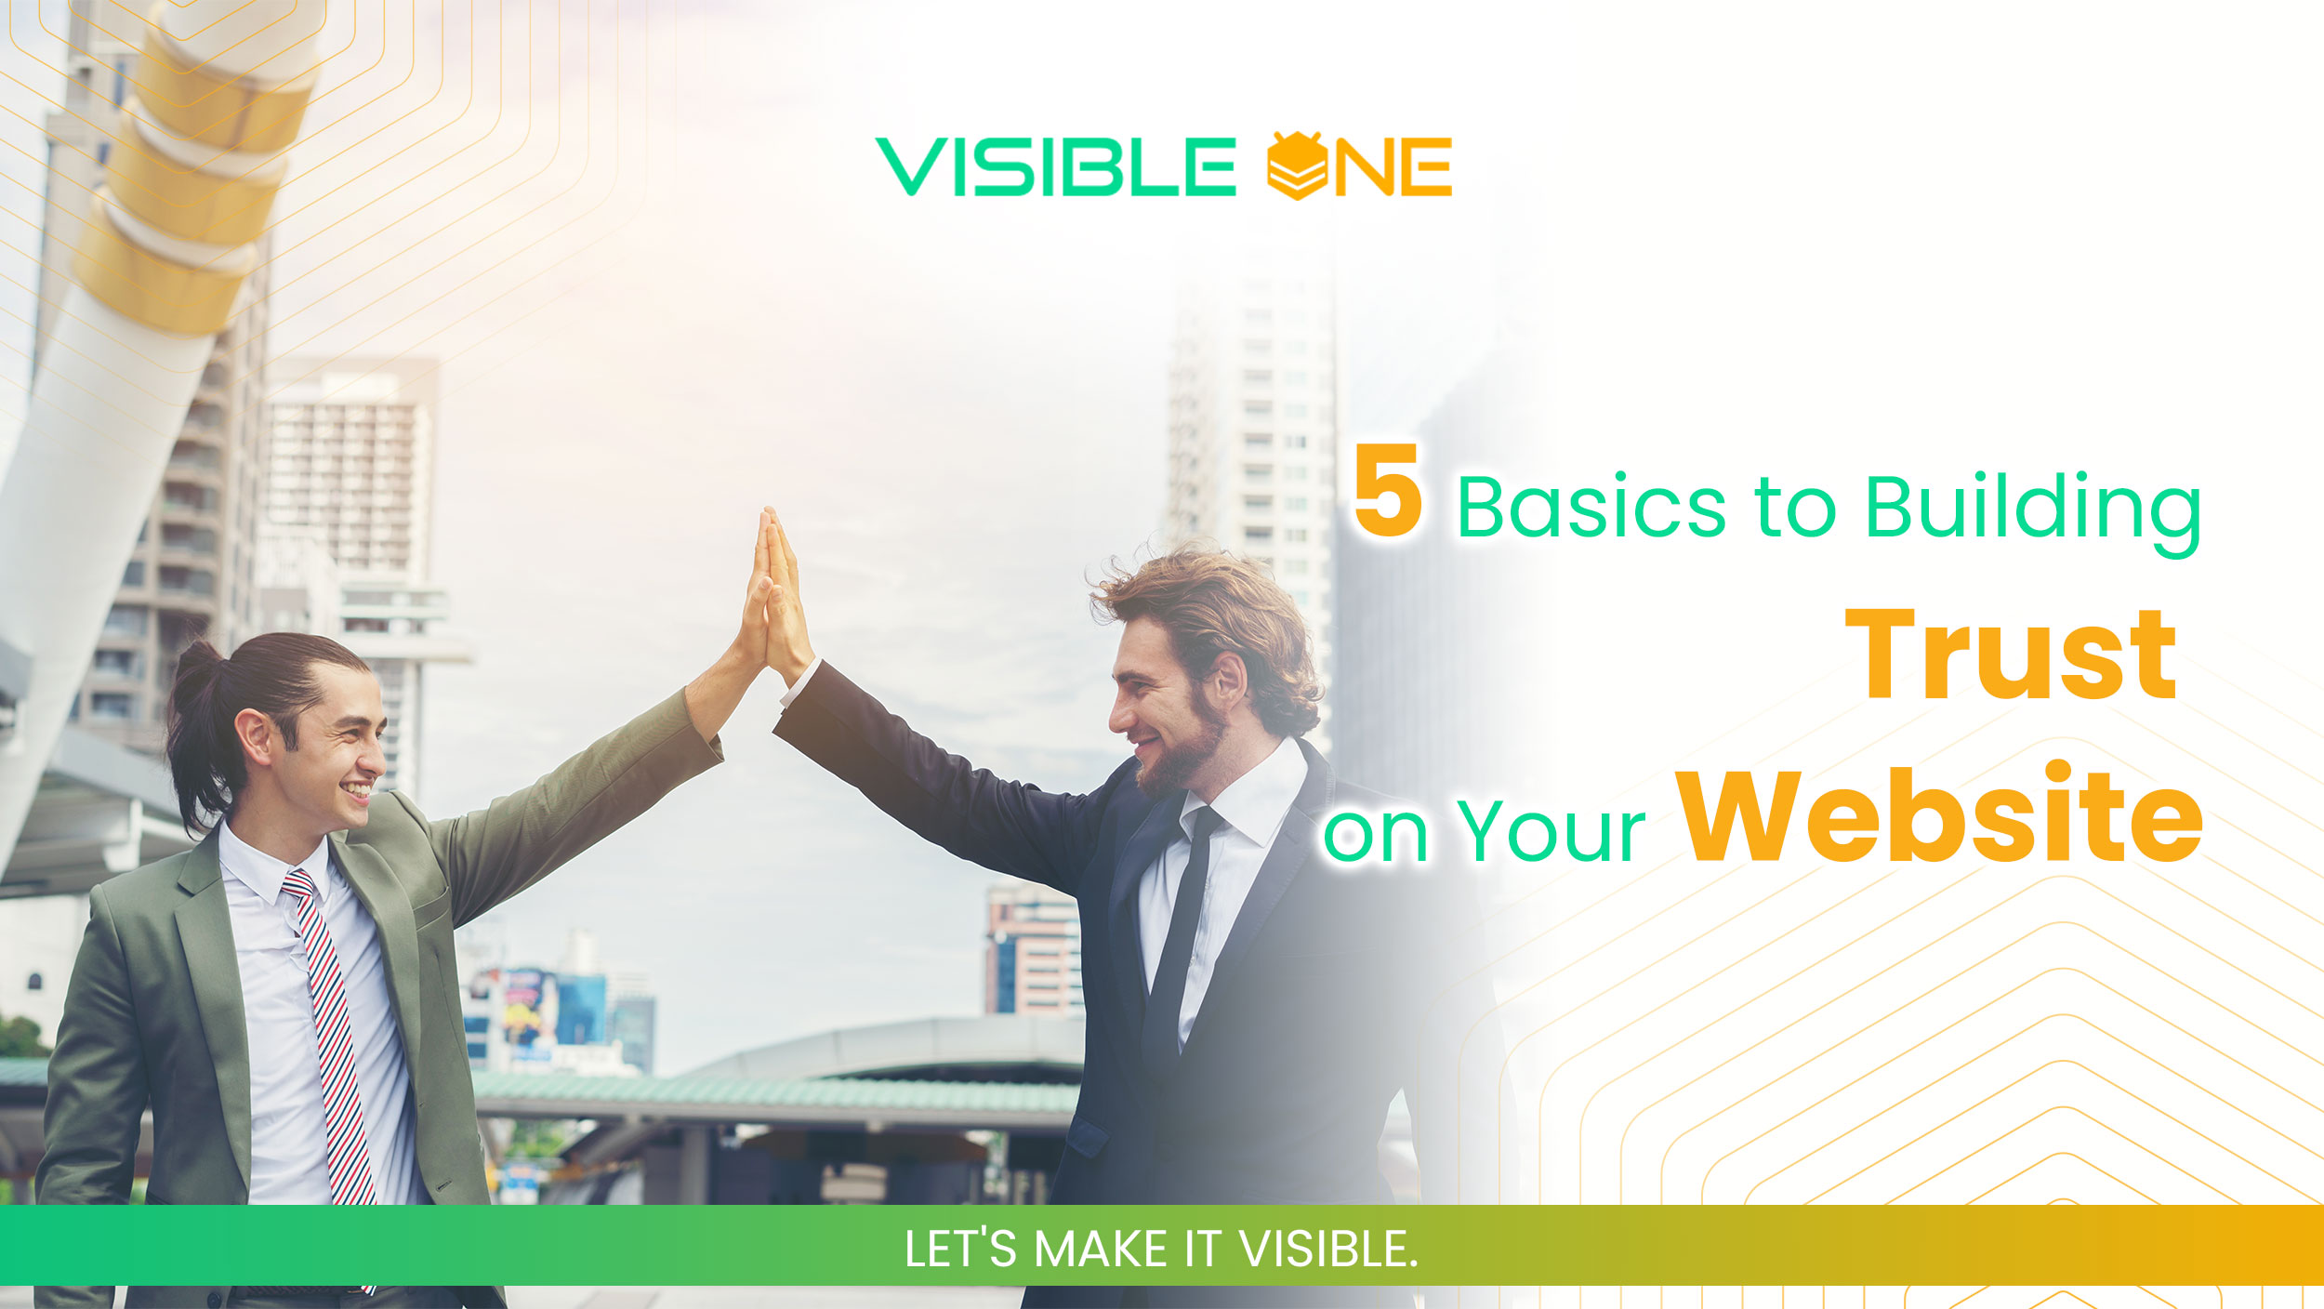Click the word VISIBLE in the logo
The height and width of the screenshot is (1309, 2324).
(1055, 167)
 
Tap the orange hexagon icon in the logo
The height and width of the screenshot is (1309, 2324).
(1297, 166)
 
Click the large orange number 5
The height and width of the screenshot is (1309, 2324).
(1387, 490)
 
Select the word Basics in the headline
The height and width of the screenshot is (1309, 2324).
(1591, 508)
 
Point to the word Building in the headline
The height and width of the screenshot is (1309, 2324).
(2032, 511)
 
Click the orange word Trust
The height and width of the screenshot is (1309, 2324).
(2010, 655)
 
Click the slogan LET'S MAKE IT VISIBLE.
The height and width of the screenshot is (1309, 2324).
(1161, 1249)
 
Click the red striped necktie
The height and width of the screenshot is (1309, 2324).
(332, 1032)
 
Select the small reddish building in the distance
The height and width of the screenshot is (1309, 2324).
(1033, 948)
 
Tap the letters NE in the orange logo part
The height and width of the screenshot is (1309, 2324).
(1392, 167)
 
